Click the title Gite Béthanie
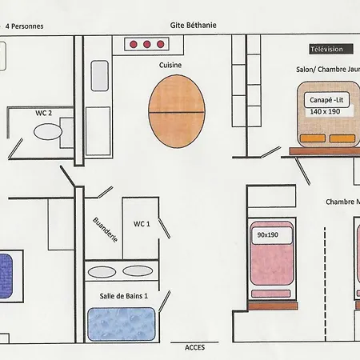pos(193,26)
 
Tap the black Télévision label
pos(331,49)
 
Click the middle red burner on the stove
pos(146,44)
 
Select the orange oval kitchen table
pos(177,111)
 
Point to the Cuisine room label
pos(170,65)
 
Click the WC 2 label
pos(43,113)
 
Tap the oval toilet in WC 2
pos(48,132)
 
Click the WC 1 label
pos(142,224)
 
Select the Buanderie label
pos(105,230)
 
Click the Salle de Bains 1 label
pos(123,296)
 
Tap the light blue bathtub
pos(122,324)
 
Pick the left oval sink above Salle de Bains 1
pos(102,272)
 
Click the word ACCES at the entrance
pos(194,347)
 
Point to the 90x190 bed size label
pos(267,234)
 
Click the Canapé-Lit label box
pos(326,100)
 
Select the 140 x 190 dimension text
pos(325,111)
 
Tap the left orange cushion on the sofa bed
pos(313,138)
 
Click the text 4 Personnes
pos(24,26)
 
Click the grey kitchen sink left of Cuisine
pos(100,76)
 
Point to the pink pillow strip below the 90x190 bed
pos(271,294)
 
